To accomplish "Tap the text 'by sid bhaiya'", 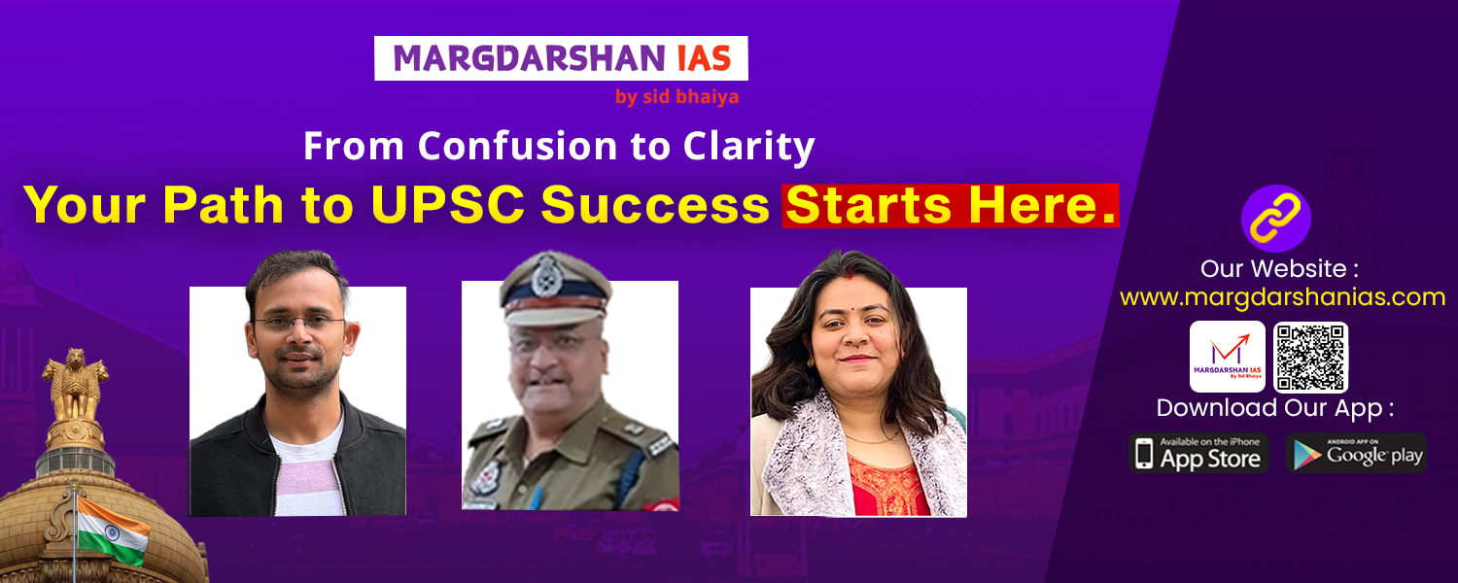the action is point(677,97).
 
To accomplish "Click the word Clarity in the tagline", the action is point(748,147).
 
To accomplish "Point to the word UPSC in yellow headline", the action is point(448,205).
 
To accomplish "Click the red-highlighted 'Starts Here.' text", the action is point(951,206).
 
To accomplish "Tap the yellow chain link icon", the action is point(1275,219).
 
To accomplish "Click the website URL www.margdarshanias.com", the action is point(1282,297).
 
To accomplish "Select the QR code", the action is point(1310,358).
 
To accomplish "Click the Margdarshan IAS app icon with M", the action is point(1227,357).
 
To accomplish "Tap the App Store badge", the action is point(1198,453).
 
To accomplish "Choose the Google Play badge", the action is point(1357,453).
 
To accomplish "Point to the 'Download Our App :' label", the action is point(1275,409).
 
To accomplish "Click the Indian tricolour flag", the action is point(113,529).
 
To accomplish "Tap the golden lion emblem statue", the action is point(76,385).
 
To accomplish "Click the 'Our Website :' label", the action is point(1280,269).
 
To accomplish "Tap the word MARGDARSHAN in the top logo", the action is point(529,58).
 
